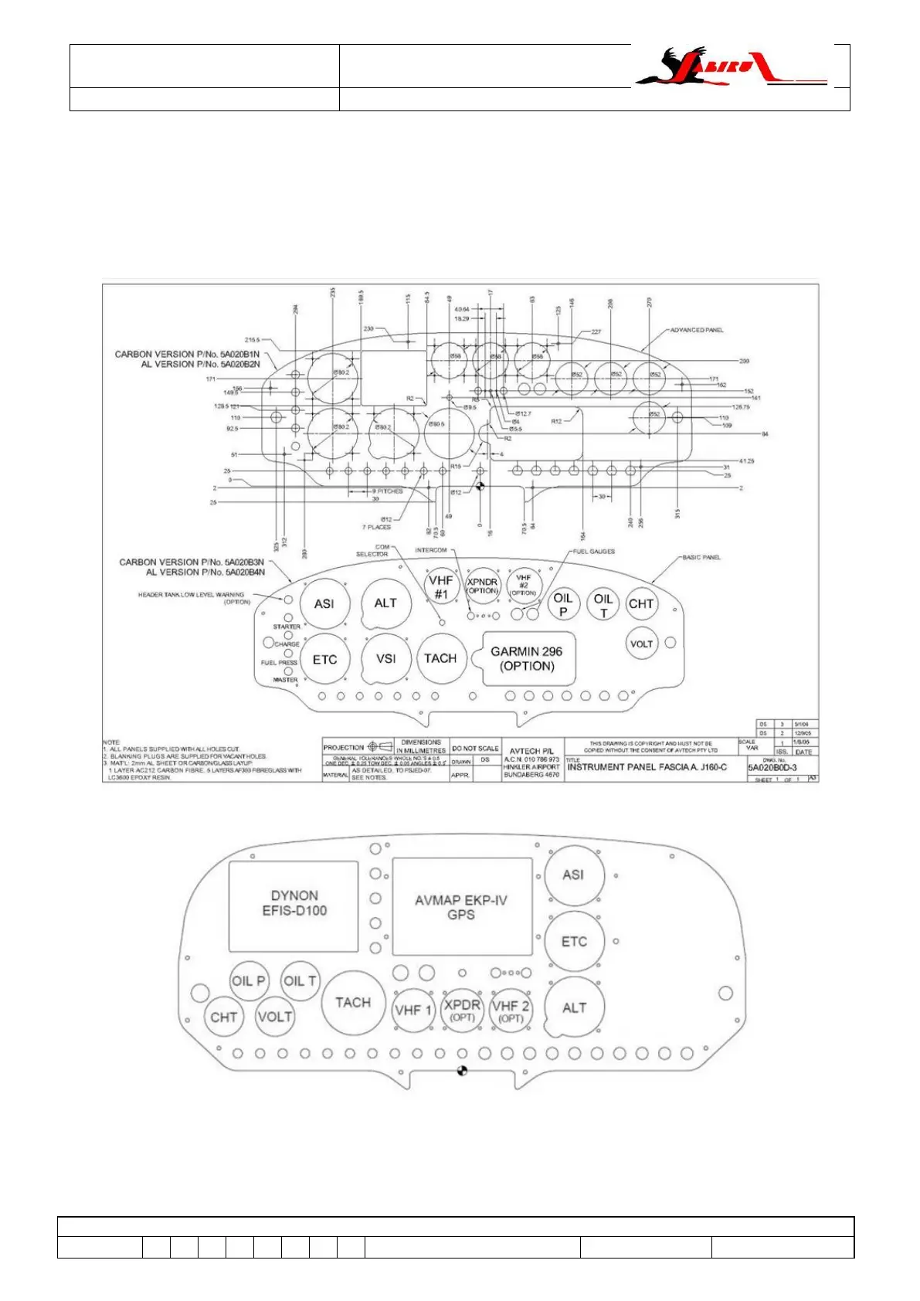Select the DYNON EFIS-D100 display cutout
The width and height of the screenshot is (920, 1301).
[x=294, y=904]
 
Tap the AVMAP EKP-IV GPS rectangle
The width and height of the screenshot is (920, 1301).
[x=462, y=907]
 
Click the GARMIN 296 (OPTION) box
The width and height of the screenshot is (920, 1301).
[x=528, y=659]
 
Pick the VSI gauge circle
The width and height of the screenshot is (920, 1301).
[x=385, y=659]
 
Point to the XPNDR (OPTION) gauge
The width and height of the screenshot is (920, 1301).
[x=483, y=586]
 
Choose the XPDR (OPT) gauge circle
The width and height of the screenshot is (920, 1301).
[x=462, y=1010]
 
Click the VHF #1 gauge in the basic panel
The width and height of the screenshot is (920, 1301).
[x=440, y=586]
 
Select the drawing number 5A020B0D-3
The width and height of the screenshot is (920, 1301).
[x=772, y=768]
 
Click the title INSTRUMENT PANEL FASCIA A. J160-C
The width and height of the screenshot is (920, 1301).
[x=647, y=767]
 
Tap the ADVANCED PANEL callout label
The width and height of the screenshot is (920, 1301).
[x=696, y=330]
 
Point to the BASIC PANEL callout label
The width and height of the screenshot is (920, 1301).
[x=701, y=557]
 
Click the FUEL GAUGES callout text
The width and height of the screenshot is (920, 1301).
[x=593, y=552]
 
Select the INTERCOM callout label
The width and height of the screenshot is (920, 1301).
[x=431, y=550]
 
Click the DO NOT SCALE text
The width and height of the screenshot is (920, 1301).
[x=475, y=749]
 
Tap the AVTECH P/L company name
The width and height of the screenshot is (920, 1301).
[x=531, y=750]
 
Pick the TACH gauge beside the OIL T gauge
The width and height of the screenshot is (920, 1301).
[x=353, y=1003]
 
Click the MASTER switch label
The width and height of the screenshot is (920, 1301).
[x=285, y=680]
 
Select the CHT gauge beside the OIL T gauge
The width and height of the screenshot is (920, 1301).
[x=640, y=604]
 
